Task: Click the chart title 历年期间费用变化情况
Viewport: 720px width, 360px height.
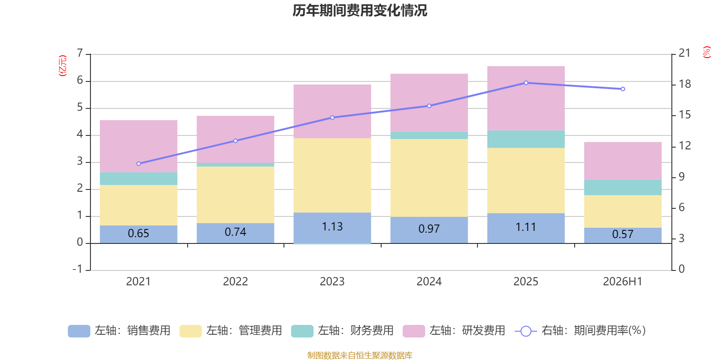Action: click(360, 11)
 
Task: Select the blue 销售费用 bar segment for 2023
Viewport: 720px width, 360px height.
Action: click(333, 228)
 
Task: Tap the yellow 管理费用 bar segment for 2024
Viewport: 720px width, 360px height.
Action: click(429, 178)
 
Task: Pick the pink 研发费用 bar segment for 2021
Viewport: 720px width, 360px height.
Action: click(139, 146)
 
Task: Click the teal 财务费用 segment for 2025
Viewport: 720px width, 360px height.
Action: click(526, 139)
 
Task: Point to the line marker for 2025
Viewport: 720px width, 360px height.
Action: click(526, 83)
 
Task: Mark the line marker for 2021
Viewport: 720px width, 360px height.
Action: click(139, 164)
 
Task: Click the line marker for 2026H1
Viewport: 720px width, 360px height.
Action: click(623, 89)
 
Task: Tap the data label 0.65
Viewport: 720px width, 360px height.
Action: click(139, 233)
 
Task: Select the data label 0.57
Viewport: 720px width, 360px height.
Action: click(623, 234)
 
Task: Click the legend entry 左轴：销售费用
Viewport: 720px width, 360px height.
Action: click(119, 331)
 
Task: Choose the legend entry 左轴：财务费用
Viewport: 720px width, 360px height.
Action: click(342, 331)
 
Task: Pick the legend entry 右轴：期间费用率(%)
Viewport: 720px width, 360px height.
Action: click(580, 331)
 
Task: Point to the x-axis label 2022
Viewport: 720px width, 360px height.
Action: click(236, 282)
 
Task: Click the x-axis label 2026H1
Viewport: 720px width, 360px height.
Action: click(623, 282)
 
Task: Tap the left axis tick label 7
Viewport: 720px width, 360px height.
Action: click(80, 53)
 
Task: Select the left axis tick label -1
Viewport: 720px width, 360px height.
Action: click(78, 269)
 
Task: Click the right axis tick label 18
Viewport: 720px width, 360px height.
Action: click(684, 84)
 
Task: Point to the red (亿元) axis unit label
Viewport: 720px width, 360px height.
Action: click(63, 66)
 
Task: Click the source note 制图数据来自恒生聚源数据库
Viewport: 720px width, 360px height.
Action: click(360, 355)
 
